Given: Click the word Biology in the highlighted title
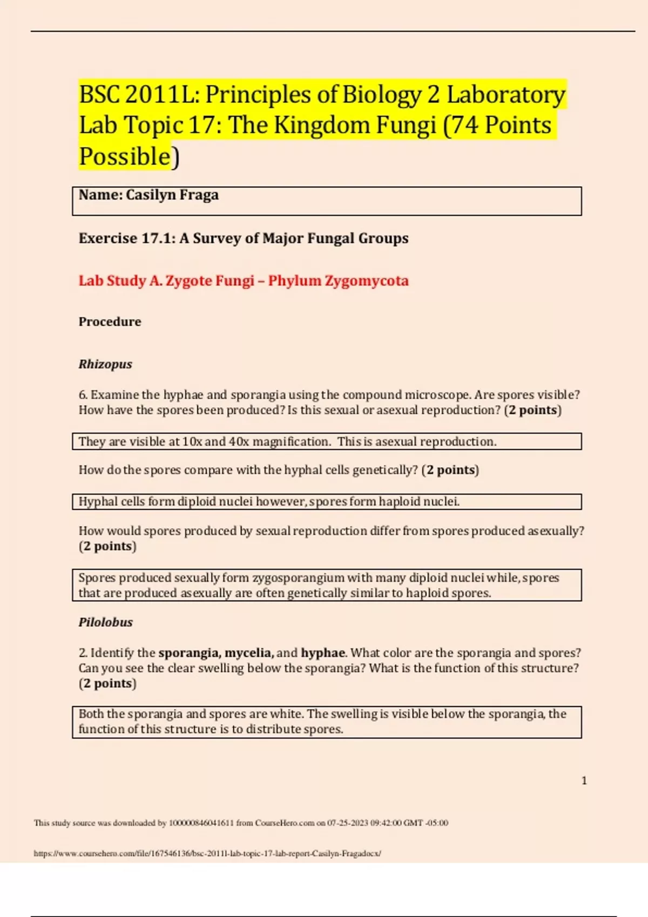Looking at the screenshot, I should tap(381, 95).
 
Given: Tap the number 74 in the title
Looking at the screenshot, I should tap(464, 126).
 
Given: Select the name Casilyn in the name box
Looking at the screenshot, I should tap(151, 195).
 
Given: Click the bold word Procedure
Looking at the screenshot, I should tap(110, 322).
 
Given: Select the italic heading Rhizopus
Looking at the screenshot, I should tap(105, 364).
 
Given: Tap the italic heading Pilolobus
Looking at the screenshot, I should tap(105, 622).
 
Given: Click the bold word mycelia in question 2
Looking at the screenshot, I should tap(248, 653).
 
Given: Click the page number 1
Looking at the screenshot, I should tap(584, 781).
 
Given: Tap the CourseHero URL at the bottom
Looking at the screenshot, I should tap(207, 853).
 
